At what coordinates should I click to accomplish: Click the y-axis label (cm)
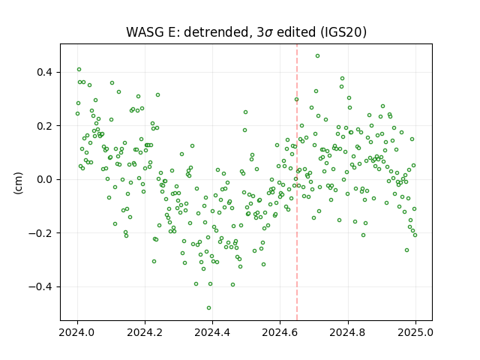click(18, 183)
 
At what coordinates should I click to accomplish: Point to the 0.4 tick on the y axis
click(44, 73)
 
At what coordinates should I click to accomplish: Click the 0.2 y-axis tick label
click(44, 126)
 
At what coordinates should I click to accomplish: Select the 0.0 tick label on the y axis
click(44, 180)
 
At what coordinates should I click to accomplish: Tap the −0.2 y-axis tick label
click(40, 233)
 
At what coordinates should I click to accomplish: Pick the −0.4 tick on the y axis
click(40, 286)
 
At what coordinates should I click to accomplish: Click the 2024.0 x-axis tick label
click(77, 332)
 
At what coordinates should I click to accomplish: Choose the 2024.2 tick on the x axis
click(145, 332)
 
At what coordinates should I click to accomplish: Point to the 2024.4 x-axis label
click(212, 332)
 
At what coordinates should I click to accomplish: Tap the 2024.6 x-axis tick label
click(280, 332)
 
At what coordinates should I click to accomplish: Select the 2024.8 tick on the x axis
click(348, 332)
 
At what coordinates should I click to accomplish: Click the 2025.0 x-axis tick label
click(415, 332)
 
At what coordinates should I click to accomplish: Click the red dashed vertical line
click(297, 182)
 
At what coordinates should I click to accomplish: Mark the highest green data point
click(318, 56)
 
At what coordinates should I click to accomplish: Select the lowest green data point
click(208, 308)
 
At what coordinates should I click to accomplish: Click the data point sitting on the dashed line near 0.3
click(297, 100)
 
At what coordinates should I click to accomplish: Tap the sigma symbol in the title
click(268, 33)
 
